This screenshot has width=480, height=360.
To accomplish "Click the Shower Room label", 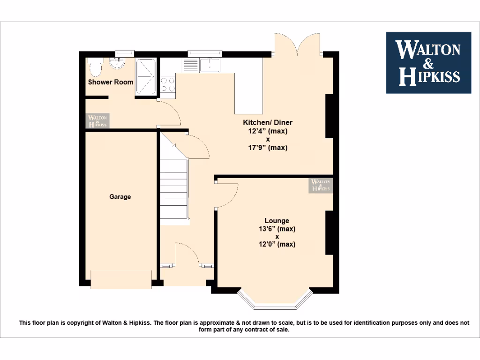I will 111,82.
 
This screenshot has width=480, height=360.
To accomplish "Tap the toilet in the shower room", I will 95,69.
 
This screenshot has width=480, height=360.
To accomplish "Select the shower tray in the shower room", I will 146,77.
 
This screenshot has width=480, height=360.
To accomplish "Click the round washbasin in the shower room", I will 115,64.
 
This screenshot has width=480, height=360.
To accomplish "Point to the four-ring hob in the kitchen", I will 168,84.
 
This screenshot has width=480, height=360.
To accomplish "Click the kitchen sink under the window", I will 209,65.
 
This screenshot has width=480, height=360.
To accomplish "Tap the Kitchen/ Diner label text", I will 267,122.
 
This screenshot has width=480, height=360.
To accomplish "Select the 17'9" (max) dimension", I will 268,148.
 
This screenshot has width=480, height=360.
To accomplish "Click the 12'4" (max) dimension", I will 268,131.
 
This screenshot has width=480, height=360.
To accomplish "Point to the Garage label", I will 120,197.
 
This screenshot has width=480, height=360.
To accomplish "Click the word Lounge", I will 277,221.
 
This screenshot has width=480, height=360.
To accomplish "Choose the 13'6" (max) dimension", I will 277,229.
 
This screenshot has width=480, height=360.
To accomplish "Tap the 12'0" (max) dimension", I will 277,244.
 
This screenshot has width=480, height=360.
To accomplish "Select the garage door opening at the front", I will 121,279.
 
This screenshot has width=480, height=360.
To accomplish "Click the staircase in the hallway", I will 174,187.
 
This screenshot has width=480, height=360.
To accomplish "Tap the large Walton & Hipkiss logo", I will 428,63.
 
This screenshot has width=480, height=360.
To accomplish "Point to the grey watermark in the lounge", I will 321,186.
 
